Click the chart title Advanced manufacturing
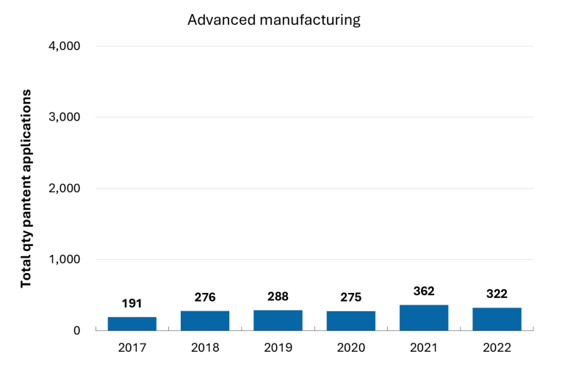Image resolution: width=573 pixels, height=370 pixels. [274, 20]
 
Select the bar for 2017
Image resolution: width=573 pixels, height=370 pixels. [132, 324]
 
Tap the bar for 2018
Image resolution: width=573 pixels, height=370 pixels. [205, 321]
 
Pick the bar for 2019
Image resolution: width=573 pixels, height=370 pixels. [278, 320]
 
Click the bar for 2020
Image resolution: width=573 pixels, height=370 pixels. [351, 321]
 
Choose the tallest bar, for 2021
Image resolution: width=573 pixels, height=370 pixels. [424, 318]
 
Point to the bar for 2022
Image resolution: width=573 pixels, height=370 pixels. [497, 319]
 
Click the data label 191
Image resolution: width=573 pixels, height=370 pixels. [132, 303]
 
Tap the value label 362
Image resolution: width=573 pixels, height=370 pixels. [424, 291]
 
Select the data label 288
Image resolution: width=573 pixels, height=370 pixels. [278, 297]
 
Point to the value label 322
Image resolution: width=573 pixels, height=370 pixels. [497, 294]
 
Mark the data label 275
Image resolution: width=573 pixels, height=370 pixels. [351, 297]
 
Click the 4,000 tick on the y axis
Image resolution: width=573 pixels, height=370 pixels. [65, 46]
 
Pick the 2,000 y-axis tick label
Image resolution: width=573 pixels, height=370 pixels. [65, 189]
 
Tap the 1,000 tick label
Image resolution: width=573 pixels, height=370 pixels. [65, 259]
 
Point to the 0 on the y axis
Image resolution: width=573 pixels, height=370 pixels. [76, 330]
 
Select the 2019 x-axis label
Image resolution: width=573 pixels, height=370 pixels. [278, 348]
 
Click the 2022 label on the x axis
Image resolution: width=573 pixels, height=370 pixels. [497, 348]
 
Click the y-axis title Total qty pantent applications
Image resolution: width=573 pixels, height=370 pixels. [26, 189]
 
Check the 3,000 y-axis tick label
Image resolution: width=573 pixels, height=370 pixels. [65, 117]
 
